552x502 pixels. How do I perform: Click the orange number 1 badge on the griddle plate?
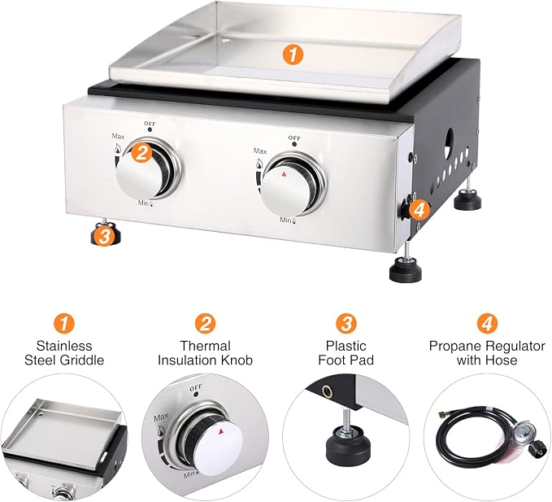point(293,55)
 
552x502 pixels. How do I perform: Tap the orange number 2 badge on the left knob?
point(141,153)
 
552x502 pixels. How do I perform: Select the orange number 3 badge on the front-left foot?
point(105,236)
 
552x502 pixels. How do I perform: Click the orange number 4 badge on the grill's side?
point(419,211)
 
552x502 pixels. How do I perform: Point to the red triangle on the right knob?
point(285,174)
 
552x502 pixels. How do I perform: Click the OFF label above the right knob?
point(294,138)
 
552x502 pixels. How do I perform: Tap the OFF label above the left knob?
point(150,124)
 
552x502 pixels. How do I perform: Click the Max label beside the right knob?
point(260,151)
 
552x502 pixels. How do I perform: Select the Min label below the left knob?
point(144,203)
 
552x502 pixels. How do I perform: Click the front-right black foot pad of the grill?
point(405,269)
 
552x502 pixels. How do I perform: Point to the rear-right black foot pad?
point(467,201)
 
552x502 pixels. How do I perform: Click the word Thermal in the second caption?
point(205,346)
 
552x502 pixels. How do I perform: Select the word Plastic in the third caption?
point(346,346)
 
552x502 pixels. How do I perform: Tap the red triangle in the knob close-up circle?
point(221,431)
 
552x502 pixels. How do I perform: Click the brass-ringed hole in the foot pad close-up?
point(327,391)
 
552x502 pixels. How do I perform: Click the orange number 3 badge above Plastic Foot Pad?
point(346,323)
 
